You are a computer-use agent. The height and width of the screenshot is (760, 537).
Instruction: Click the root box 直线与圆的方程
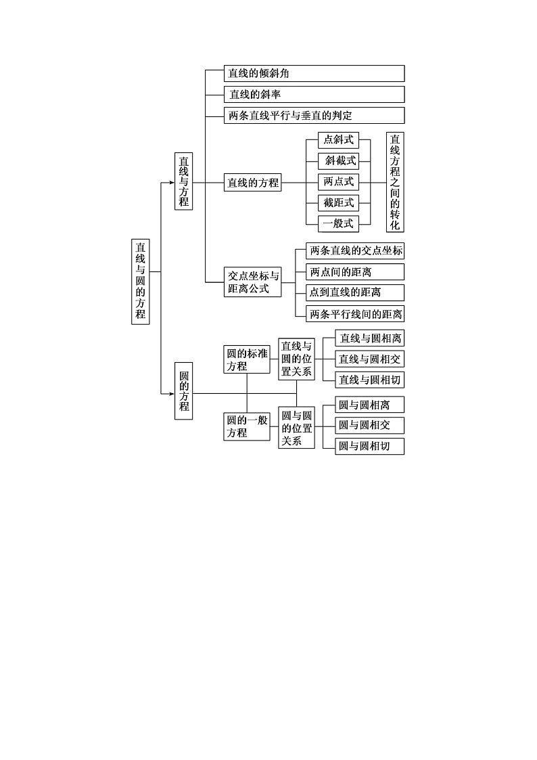coord(141,281)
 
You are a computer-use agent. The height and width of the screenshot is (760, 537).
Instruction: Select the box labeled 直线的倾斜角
coord(314,74)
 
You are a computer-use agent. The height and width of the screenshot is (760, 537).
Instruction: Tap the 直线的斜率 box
coord(314,94)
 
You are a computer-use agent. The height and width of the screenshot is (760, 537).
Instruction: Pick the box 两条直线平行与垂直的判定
coord(314,115)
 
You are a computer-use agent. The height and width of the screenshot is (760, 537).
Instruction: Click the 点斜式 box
coord(339,140)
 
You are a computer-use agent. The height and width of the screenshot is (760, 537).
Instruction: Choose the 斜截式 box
coord(339,161)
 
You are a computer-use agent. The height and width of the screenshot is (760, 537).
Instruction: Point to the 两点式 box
coord(339,182)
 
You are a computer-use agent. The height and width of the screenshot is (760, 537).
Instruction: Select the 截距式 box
coord(339,202)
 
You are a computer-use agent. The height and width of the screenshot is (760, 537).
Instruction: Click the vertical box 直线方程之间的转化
coord(395,182)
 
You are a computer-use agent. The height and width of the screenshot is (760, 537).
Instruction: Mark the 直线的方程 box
coord(253,182)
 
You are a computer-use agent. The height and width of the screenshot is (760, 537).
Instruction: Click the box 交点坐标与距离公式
coord(253,282)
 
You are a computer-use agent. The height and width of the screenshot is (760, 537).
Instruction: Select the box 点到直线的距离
coord(355,292)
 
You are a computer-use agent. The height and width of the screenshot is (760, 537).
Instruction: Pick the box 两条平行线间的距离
coord(355,313)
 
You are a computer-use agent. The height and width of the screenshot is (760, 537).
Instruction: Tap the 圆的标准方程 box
coord(247,359)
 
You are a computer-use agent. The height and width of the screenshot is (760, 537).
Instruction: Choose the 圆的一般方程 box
coord(247,426)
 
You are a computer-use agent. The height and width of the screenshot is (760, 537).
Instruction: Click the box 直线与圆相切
coord(370,380)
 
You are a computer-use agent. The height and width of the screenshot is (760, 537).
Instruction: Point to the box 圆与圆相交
coord(370,425)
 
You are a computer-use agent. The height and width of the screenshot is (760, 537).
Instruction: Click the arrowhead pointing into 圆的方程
coord(171,393)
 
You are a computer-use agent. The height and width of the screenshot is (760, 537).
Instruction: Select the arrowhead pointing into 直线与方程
coord(171,182)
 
